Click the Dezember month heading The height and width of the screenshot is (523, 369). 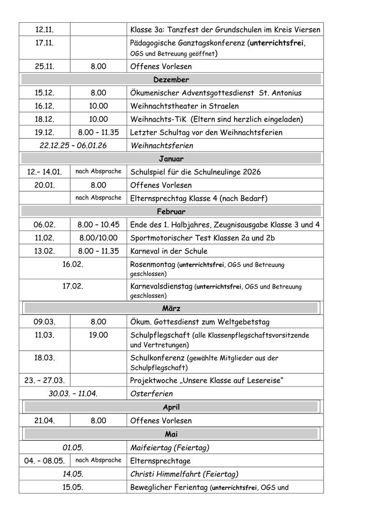click(171, 79)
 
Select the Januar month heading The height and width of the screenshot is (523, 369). click(171, 158)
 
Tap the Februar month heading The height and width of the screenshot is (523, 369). click(171, 211)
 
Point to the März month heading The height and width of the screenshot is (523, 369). click(171, 308)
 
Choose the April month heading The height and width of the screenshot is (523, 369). click(171, 407)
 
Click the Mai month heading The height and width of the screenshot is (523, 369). click(171, 434)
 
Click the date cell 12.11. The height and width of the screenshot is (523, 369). click(44, 30)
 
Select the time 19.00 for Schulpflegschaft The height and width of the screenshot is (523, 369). click(99, 335)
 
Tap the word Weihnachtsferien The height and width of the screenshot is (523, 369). click(162, 145)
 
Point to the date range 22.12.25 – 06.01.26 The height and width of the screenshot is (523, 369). click(73, 145)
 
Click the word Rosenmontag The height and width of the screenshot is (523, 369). click(152, 264)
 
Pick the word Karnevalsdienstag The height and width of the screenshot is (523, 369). click(161, 286)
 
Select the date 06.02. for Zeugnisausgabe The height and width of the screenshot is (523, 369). click(44, 225)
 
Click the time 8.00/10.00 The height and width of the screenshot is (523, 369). click(99, 238)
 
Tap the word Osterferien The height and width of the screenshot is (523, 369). click(151, 394)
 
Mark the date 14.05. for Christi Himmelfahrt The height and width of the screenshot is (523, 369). click(73, 474)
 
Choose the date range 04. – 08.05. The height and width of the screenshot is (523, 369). click(44, 461)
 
